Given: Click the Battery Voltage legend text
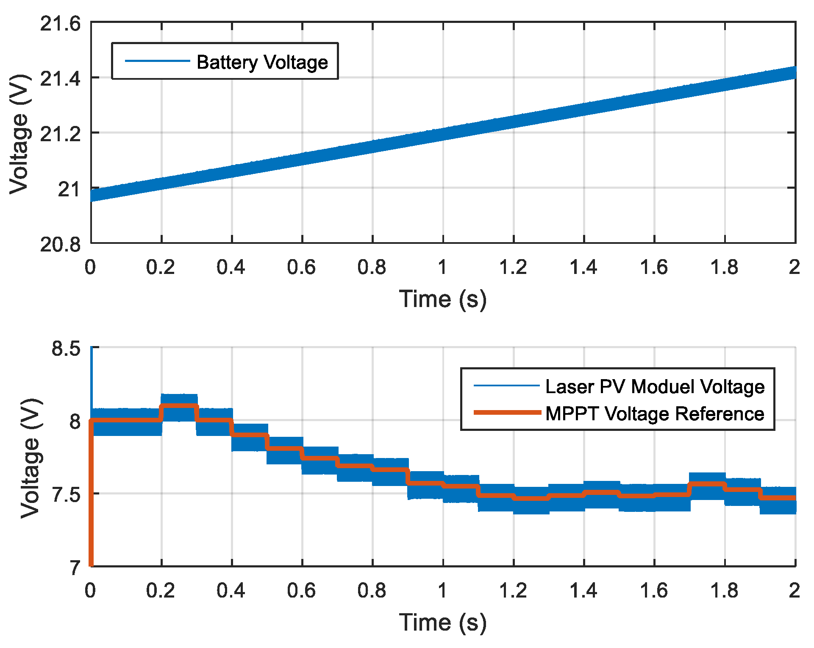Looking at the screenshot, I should tap(262, 62).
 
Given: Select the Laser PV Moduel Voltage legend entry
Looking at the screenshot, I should tap(655, 386).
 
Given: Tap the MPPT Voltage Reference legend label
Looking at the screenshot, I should tap(655, 413).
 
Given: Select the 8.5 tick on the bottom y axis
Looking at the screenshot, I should tap(66, 349).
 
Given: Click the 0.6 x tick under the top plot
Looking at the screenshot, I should tap(301, 267).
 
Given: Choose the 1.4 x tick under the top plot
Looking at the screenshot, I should tap(583, 267).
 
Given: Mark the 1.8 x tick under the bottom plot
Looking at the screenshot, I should tap(724, 590).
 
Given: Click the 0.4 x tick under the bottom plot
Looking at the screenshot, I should tap(231, 590).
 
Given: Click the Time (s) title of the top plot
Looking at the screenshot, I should tap(443, 299).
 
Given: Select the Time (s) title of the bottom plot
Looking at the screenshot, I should tap(443, 623).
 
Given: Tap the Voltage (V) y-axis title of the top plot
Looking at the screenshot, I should tap(19, 134).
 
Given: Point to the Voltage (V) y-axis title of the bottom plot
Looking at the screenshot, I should tap(31, 458).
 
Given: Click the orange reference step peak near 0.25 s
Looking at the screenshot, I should tap(179, 406).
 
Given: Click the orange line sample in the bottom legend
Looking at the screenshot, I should tap(507, 413).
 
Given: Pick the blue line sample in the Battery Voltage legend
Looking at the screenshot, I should tap(157, 61).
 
